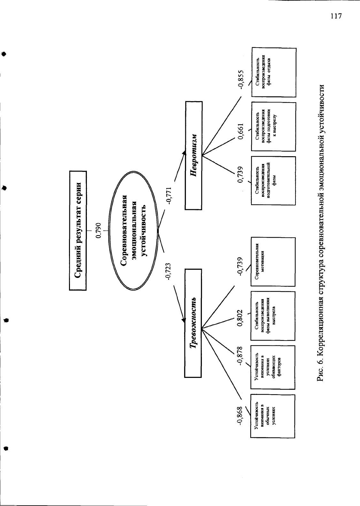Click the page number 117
(x=336, y=16)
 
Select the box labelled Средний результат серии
(x=78, y=230)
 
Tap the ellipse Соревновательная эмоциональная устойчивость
(x=133, y=230)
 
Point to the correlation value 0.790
(x=99, y=230)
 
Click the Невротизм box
(x=194, y=156)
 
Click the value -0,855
(x=241, y=80)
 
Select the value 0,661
(x=241, y=131)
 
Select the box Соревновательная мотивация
(x=273, y=262)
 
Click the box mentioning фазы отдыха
(x=274, y=72)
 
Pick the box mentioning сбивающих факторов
(x=273, y=367)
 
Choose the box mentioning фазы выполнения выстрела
(x=273, y=316)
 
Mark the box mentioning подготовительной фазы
(x=273, y=181)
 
